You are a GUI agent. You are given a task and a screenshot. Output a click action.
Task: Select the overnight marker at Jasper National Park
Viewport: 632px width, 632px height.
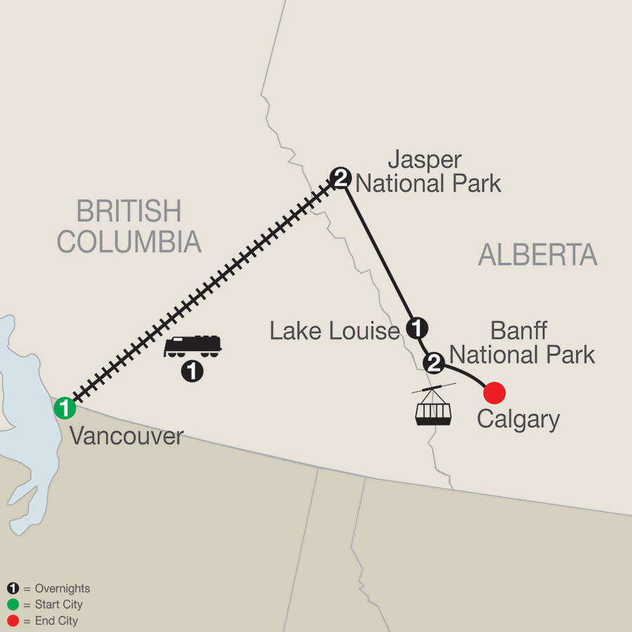point(341,178)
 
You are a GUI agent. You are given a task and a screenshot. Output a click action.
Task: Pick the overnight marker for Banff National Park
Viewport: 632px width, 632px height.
point(434,363)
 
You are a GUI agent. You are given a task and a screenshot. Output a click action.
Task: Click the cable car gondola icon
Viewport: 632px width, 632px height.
point(433,405)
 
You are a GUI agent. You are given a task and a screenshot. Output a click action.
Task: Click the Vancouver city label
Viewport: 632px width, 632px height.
point(126,436)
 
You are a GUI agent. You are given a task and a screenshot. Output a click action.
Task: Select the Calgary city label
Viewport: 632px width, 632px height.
point(518,420)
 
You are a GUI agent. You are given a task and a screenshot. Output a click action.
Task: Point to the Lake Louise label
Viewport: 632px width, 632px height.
point(334,331)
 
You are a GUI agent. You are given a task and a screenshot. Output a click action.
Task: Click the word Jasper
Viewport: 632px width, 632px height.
point(425,159)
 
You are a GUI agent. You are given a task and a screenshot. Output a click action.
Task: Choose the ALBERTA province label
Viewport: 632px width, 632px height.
point(537,256)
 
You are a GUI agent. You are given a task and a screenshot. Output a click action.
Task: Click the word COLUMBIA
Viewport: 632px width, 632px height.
point(129,242)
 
